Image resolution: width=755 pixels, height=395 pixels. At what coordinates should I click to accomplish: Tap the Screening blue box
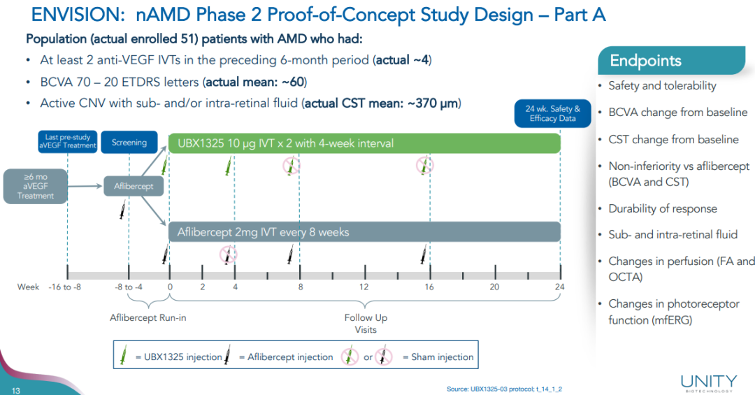point(129,143)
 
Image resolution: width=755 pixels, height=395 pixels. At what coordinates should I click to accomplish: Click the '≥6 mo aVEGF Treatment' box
point(36,186)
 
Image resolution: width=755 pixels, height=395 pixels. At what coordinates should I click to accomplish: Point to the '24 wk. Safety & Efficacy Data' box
point(552,113)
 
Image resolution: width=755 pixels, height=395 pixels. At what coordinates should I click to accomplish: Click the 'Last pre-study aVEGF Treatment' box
point(67,143)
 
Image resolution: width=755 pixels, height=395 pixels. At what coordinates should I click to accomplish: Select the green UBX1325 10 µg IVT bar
point(364,143)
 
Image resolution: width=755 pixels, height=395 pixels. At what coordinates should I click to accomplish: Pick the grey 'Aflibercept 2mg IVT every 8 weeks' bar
point(364,232)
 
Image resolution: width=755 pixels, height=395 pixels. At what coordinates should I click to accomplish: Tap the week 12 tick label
point(364,287)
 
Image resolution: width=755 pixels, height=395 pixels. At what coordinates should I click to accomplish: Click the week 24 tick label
point(559,287)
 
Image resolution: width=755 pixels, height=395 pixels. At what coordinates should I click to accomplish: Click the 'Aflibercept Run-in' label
point(148,317)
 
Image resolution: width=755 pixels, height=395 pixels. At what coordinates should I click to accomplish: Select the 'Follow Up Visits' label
point(365,323)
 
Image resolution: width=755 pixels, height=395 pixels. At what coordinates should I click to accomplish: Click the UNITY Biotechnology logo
point(708,382)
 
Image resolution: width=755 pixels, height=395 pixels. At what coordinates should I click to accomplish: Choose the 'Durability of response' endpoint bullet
point(662,208)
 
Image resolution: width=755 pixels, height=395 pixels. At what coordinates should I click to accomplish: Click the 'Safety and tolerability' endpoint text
point(662,85)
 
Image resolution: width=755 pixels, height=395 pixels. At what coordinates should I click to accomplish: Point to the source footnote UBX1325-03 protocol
point(504,389)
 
